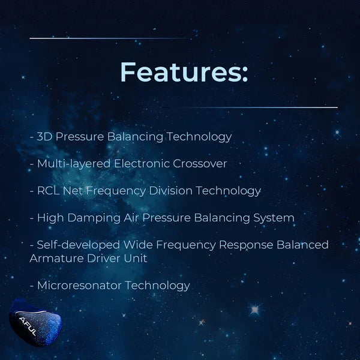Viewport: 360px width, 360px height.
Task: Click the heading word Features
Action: pyautogui.click(x=184, y=72)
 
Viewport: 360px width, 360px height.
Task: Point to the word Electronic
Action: pyautogui.click(x=142, y=164)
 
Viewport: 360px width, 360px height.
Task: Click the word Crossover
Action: pyautogui.click(x=200, y=164)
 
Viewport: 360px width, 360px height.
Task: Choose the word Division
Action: pyautogui.click(x=170, y=191)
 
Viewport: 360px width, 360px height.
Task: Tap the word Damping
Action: pyautogui.click(x=94, y=218)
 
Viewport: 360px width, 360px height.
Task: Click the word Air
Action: pyautogui.click(x=131, y=218)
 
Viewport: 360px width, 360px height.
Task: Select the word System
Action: pyautogui.click(x=274, y=218)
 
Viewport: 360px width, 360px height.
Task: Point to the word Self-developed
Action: pyautogui.click(x=79, y=245)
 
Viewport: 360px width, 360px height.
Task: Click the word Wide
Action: pyautogui.click(x=138, y=245)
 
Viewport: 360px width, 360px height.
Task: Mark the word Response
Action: pyautogui.click(x=246, y=245)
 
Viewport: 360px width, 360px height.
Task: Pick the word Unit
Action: pyautogui.click(x=136, y=259)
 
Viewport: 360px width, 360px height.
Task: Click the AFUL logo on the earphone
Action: pyautogui.click(x=28, y=326)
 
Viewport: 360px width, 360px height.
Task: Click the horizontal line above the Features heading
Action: pyautogui.click(x=110, y=38)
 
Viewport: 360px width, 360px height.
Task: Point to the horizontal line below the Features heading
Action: pyautogui.click(x=262, y=107)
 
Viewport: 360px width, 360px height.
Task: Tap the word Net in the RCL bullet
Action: pyautogui.click(x=73, y=191)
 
